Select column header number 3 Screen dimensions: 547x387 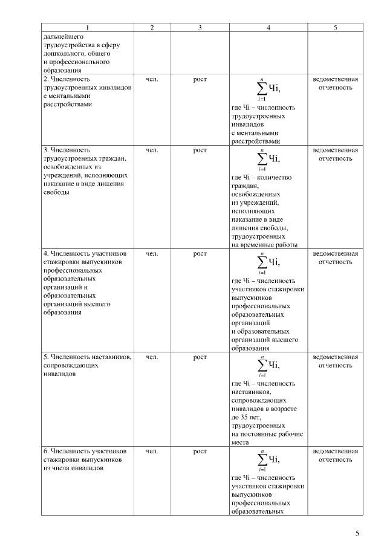click(200, 28)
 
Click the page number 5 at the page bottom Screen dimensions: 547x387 click(357, 533)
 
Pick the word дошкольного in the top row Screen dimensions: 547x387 click(62, 53)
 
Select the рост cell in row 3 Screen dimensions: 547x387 click(200, 150)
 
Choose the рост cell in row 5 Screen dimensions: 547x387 click(200, 357)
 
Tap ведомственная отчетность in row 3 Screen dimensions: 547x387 click(335, 154)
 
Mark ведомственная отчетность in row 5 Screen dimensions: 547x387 click(335, 361)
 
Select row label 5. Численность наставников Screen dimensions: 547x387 click(87, 357)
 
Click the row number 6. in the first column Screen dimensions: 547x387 click(46, 451)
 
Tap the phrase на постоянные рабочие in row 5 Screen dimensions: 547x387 click(267, 434)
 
